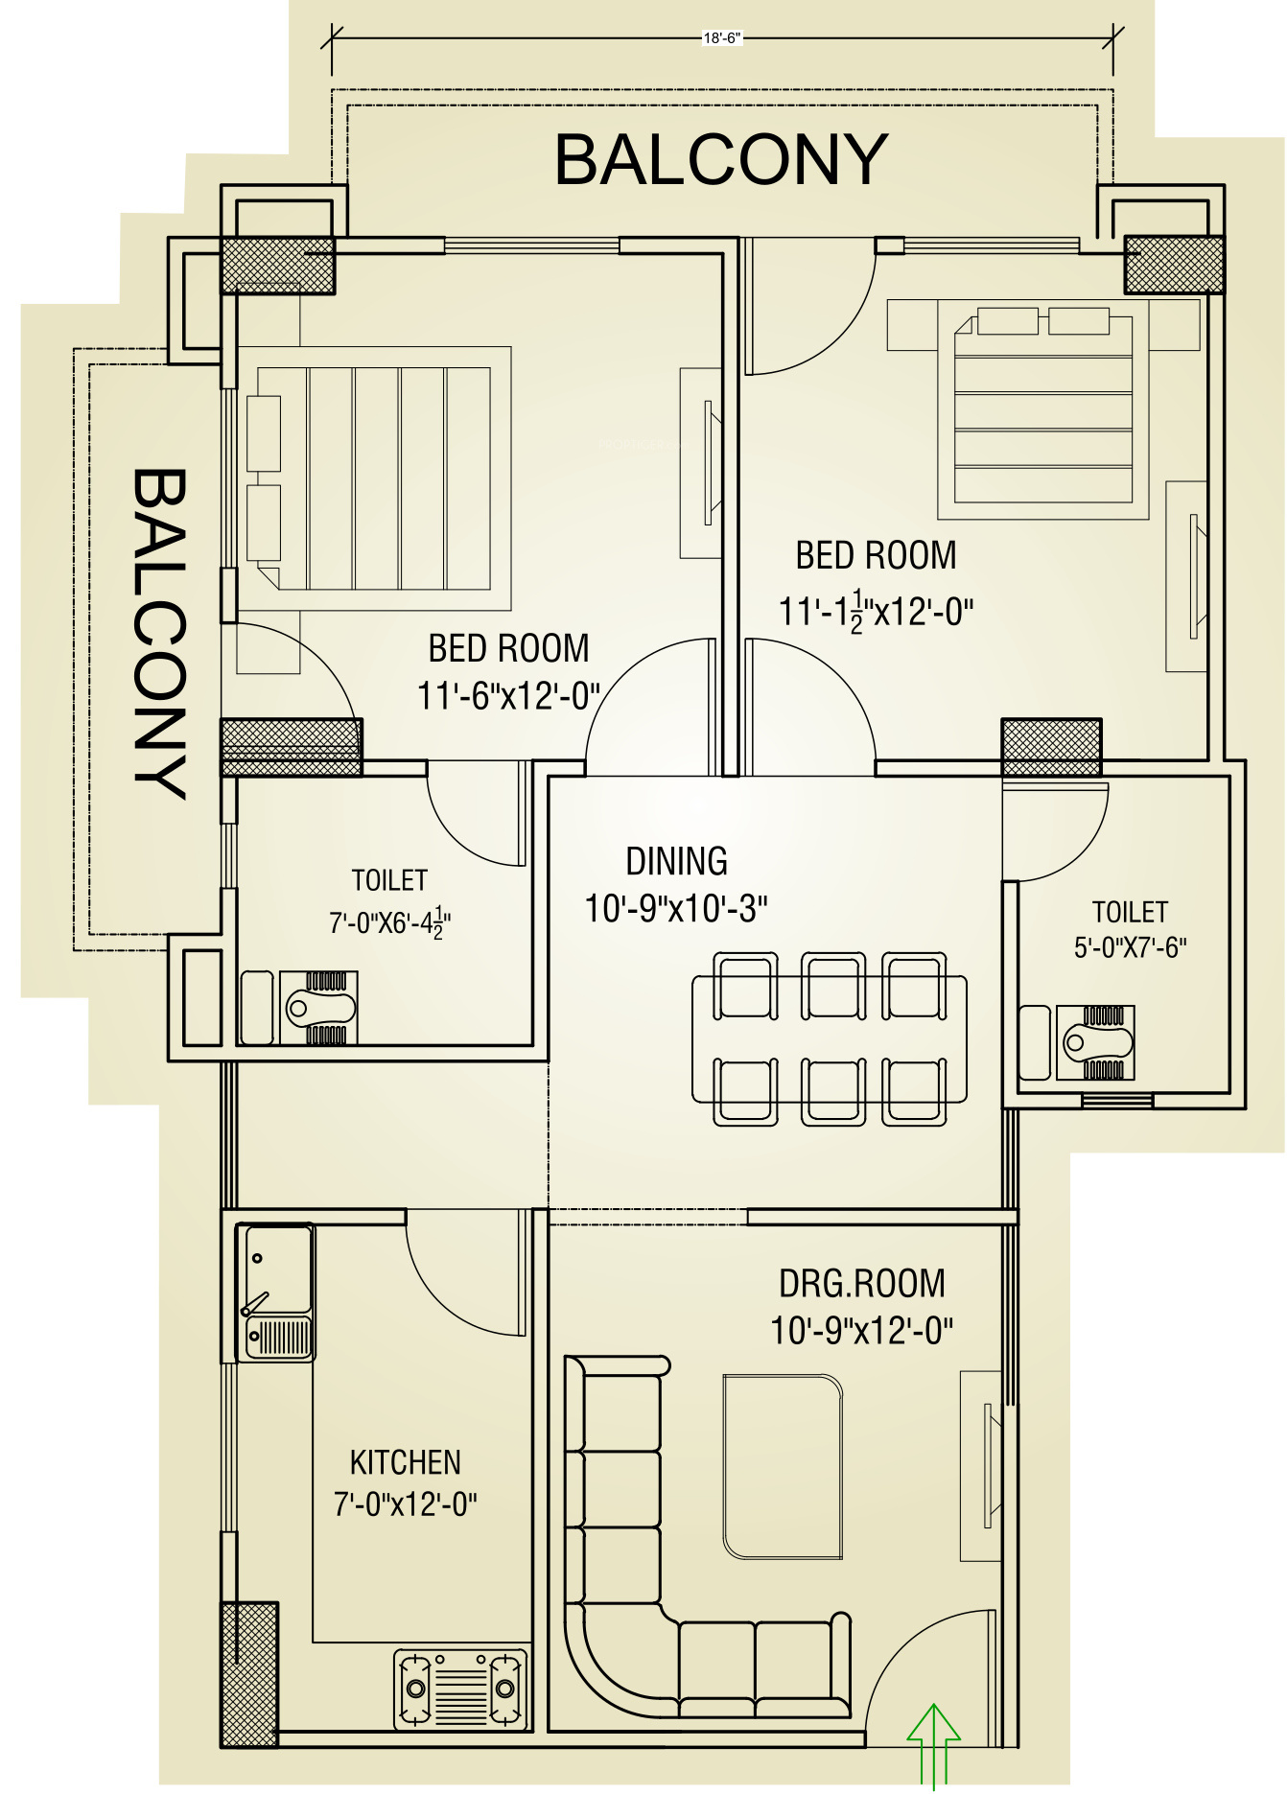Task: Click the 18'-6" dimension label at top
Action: coord(722,38)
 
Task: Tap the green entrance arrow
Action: coord(933,1744)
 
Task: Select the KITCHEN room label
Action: coord(406,1462)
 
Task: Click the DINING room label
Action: coord(676,861)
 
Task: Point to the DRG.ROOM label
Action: coord(862,1283)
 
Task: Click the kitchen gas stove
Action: coord(461,1689)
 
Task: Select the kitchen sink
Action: coord(276,1292)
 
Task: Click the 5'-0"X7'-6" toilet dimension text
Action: coord(1131,947)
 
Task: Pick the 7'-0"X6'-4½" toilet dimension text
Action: coord(390,922)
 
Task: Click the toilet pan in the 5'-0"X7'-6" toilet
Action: coord(1095,1042)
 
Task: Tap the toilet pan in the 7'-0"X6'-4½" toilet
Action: coord(319,1008)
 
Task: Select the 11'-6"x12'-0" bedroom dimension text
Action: coord(508,695)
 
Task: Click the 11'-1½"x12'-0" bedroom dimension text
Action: coord(877,611)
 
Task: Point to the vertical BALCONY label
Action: coord(159,634)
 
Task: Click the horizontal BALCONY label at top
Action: coord(721,159)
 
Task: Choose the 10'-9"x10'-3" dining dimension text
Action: coord(676,908)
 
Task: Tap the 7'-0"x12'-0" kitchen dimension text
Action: coord(406,1503)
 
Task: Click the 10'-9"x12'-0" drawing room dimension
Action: coord(862,1331)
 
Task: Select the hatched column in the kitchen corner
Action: coord(249,1674)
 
